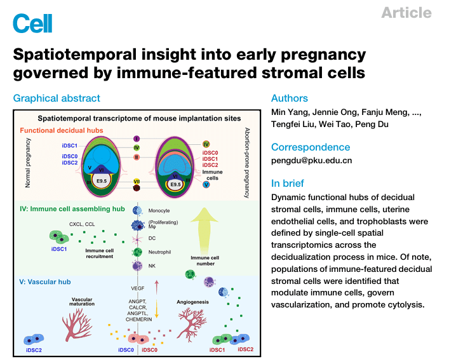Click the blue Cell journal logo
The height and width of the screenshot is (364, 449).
click(x=32, y=23)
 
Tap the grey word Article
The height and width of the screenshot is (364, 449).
click(x=406, y=13)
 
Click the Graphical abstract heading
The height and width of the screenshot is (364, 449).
click(x=57, y=98)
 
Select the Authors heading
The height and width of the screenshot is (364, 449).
click(x=289, y=98)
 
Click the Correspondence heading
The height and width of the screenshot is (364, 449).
click(x=311, y=147)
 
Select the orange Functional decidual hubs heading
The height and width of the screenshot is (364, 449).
click(x=61, y=130)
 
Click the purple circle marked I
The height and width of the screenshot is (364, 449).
click(x=137, y=138)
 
